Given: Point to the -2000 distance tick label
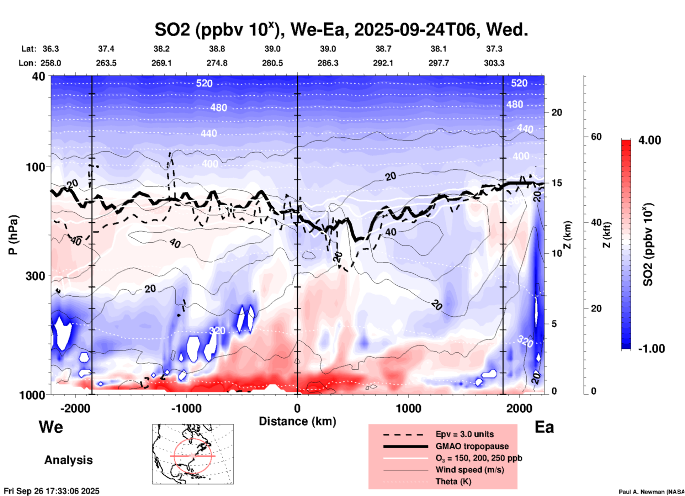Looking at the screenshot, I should (x=75, y=408).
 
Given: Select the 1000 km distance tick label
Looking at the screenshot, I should (x=408, y=408).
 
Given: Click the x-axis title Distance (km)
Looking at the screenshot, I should (x=297, y=421).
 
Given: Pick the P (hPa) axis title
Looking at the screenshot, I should (x=13, y=235).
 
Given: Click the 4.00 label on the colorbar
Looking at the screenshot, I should (x=649, y=140).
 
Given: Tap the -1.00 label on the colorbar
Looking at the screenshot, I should (x=651, y=349).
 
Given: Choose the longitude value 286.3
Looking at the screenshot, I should (x=328, y=63).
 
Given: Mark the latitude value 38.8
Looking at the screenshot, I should (x=217, y=49).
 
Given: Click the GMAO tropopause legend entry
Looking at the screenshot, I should (x=472, y=446).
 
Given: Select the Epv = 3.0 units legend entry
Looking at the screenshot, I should (x=464, y=434).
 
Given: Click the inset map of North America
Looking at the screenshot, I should (x=193, y=454).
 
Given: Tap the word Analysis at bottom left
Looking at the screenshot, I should (x=68, y=460).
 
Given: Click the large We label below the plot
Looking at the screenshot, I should (x=51, y=427).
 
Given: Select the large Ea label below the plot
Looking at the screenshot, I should (x=544, y=427).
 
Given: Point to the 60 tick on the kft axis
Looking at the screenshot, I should (x=596, y=137).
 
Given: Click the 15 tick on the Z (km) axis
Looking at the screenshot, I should (x=557, y=183).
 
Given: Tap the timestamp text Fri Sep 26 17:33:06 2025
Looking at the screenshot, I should (x=52, y=491).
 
